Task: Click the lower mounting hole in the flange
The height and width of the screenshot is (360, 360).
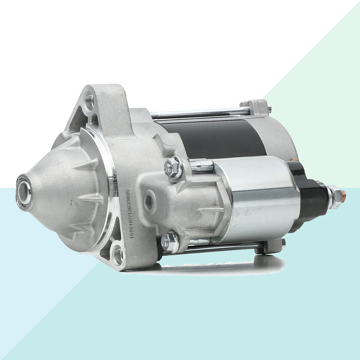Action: [x=118, y=255]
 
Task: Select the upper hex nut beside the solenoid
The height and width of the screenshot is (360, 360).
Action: [x=173, y=168]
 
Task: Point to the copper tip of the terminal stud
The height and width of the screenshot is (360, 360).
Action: [x=343, y=196]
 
